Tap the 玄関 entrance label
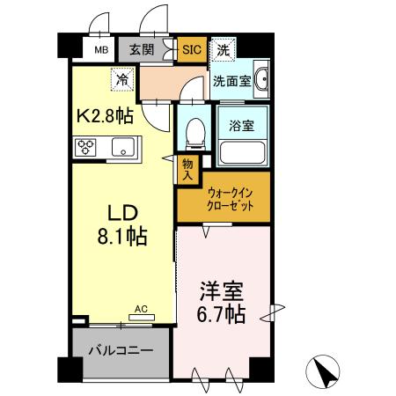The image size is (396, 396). [143, 50]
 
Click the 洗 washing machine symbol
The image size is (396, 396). [224, 50]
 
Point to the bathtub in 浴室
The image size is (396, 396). [243, 152]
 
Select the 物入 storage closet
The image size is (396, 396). [188, 169]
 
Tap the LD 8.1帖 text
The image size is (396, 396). [121, 225]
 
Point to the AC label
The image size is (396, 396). [141, 309]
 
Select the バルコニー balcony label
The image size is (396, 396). [121, 350]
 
